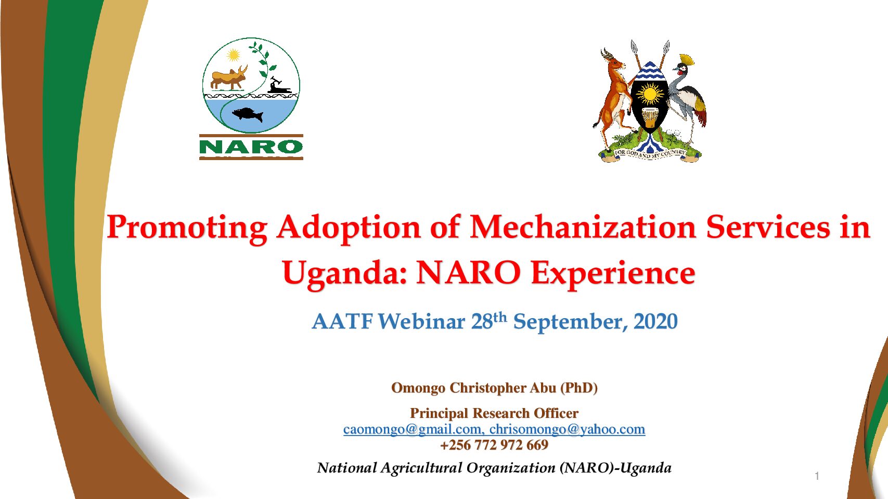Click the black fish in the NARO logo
(248, 115)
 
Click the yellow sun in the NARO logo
(233, 55)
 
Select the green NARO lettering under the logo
(251, 147)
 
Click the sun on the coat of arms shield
(650, 94)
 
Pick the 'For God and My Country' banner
(650, 154)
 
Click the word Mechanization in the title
(583, 227)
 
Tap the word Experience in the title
(613, 274)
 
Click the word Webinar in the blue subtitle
(421, 321)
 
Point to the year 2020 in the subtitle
(655, 321)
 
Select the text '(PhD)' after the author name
(579, 388)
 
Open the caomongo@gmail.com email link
(412, 429)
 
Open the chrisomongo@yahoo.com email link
(567, 429)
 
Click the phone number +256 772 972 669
(494, 445)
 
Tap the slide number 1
(817, 476)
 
